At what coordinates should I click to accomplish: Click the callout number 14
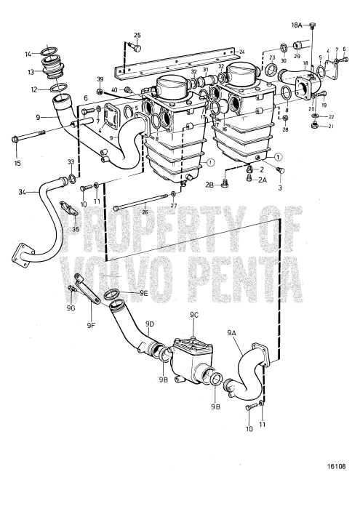point(28,54)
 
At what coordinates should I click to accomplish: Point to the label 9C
point(194,315)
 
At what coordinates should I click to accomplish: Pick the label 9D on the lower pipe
point(150,324)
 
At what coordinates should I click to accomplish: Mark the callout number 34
point(23,192)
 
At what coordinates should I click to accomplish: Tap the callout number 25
point(137,36)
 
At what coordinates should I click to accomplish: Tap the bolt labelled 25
point(132,48)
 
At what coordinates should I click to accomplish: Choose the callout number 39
point(100,79)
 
